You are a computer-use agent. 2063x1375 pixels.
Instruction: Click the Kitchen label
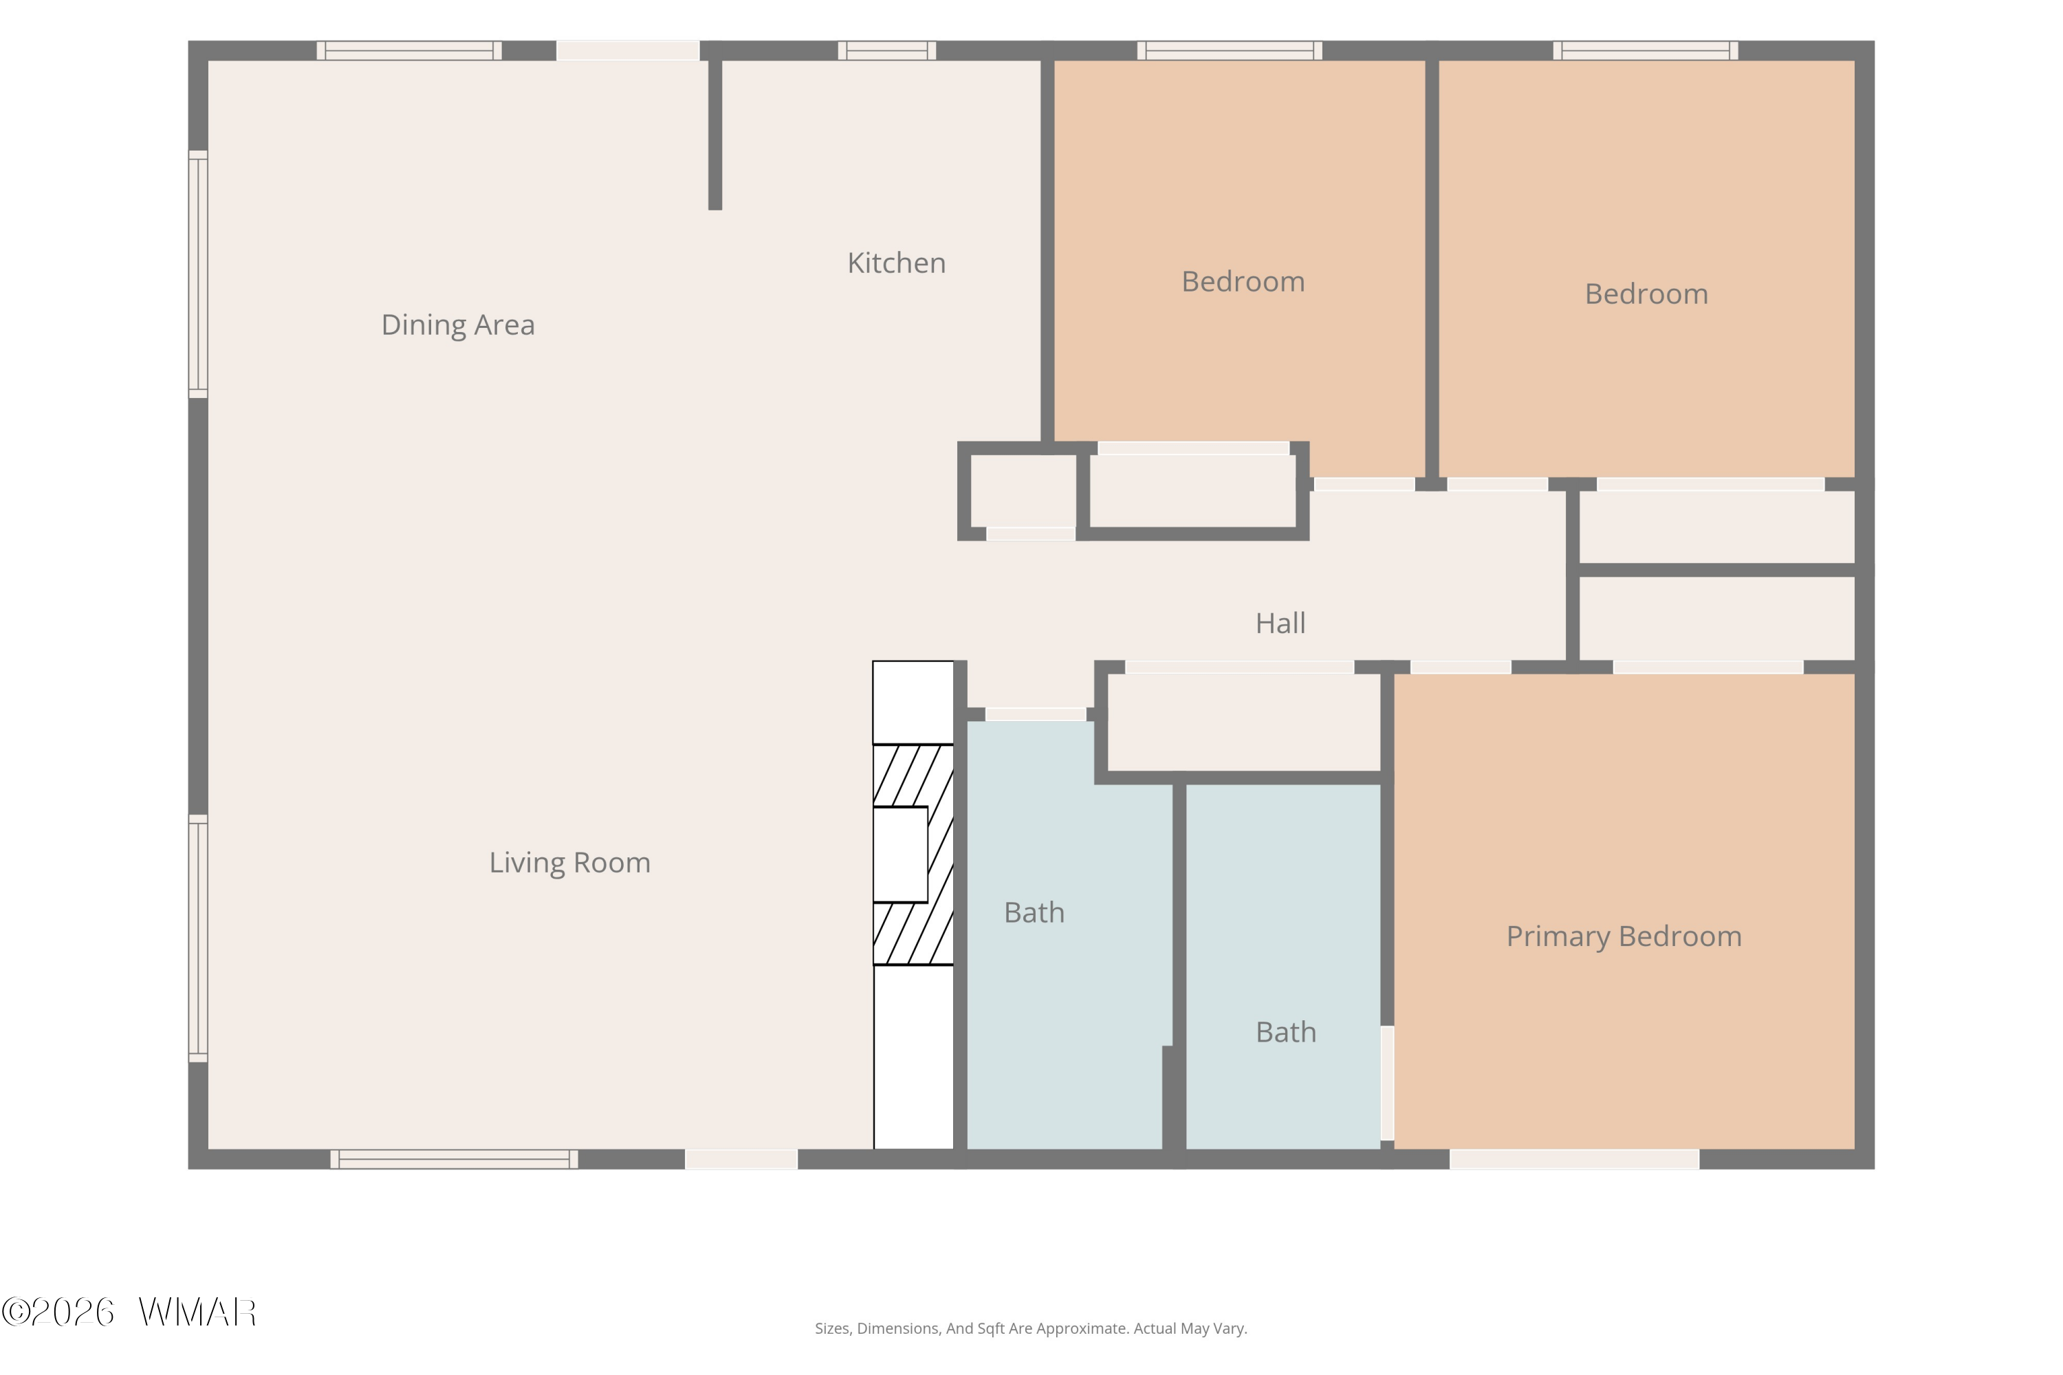(x=897, y=263)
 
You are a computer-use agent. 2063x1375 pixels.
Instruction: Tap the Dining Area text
(x=458, y=325)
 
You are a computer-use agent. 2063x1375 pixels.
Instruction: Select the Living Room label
(x=570, y=863)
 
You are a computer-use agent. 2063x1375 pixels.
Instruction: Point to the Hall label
(x=1280, y=624)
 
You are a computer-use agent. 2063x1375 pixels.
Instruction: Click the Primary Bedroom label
(x=1624, y=936)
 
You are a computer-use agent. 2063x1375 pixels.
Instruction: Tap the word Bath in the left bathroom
(x=1034, y=913)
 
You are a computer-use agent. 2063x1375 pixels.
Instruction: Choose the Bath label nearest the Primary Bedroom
(x=1286, y=1032)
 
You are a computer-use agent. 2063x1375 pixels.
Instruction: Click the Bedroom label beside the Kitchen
(x=1243, y=281)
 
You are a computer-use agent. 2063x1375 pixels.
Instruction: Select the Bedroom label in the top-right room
(x=1646, y=294)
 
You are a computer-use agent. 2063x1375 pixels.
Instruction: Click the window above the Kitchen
(x=887, y=51)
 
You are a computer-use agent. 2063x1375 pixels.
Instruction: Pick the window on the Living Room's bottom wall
(x=455, y=1159)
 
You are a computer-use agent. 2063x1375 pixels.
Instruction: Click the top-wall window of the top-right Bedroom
(x=1646, y=51)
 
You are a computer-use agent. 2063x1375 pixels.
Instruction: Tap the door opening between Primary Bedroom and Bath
(x=1388, y=1083)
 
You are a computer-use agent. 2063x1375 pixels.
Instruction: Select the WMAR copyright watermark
(x=129, y=1312)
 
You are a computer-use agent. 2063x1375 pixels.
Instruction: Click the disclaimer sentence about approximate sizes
(x=1031, y=1328)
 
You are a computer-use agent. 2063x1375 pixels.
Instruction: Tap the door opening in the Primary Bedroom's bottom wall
(x=1575, y=1159)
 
